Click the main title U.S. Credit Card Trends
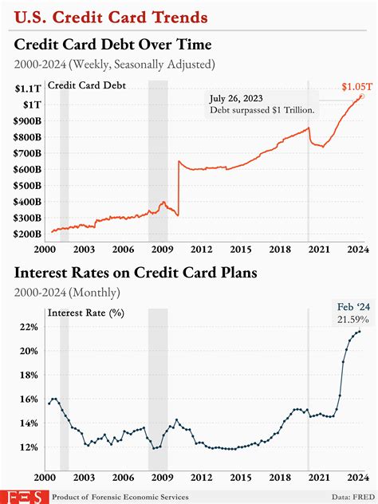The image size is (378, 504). coord(112,16)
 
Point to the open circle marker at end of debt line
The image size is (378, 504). coord(361,96)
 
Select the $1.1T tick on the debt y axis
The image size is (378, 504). coord(28,89)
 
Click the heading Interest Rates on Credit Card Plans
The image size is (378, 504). coord(135,274)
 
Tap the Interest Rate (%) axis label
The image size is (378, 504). coord(85,313)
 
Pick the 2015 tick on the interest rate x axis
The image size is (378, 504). coord(238,478)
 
